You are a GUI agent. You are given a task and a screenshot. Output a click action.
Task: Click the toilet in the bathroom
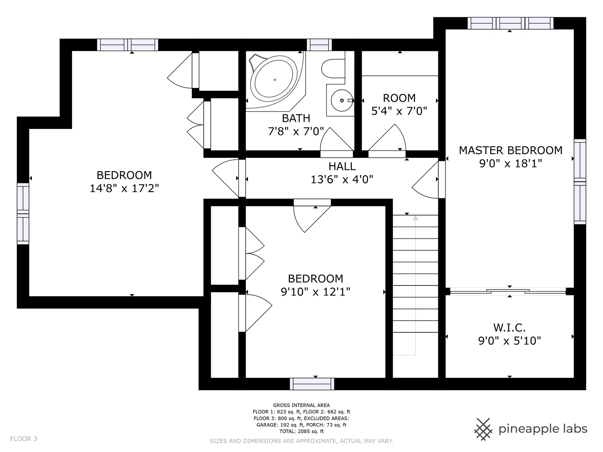click(x=333, y=68)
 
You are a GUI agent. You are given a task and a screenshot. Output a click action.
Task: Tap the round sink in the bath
click(x=342, y=100)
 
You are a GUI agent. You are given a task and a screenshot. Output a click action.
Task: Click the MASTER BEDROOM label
click(x=510, y=150)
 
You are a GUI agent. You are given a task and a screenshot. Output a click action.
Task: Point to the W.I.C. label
click(x=509, y=327)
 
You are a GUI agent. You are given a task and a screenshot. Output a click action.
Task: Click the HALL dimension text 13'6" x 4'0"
click(x=342, y=180)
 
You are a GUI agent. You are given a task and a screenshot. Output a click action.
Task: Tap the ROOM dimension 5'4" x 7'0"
click(x=399, y=111)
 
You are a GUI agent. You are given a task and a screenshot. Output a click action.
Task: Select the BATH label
click(x=296, y=118)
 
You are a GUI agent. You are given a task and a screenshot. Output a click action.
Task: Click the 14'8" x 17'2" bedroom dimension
click(x=124, y=188)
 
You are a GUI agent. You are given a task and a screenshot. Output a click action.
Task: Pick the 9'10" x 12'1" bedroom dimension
click(x=315, y=292)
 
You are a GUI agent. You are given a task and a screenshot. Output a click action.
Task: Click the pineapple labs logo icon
click(x=483, y=429)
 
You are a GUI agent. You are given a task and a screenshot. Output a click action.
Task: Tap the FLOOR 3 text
click(x=23, y=439)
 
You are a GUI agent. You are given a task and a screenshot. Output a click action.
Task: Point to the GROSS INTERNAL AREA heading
click(x=301, y=405)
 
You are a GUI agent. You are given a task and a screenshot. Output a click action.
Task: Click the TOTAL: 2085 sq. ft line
click(x=301, y=431)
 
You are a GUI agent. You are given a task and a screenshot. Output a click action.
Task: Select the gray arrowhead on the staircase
click(x=415, y=218)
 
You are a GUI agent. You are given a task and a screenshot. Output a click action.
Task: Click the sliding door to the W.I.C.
click(x=508, y=291)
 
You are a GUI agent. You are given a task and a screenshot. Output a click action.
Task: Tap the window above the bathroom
click(x=319, y=45)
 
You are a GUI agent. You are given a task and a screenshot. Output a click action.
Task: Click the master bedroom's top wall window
click(x=510, y=23)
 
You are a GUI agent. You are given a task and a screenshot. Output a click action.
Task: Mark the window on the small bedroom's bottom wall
click(x=312, y=384)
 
